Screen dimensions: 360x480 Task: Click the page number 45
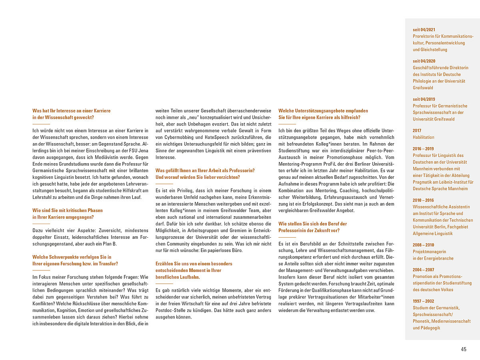pyautogui.click(x=464, y=349)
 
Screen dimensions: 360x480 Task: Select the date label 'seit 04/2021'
pyautogui.click(x=424, y=30)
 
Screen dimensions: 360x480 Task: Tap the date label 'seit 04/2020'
pyautogui.click(x=424, y=61)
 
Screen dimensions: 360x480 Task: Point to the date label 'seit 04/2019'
pyautogui.click(x=424, y=99)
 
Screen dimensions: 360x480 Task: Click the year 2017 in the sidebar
pyautogui.click(x=417, y=130)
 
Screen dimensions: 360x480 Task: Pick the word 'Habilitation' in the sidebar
pyautogui.click(x=424, y=137)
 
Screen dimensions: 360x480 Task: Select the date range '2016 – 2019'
pyautogui.click(x=423, y=149)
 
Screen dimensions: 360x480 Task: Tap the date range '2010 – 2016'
pyautogui.click(x=423, y=200)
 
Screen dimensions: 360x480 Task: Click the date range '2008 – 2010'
pyautogui.click(x=423, y=245)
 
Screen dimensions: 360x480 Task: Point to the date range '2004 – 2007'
pyautogui.click(x=423, y=270)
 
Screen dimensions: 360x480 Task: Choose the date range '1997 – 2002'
pyautogui.click(x=423, y=301)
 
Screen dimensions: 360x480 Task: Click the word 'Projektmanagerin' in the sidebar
pyautogui.click(x=429, y=252)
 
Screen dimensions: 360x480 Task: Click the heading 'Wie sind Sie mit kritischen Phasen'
pyautogui.click(x=68, y=210)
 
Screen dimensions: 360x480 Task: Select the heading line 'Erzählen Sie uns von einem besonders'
pyautogui.click(x=194, y=264)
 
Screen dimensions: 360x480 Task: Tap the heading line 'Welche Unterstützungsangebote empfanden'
pyautogui.click(x=323, y=110)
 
